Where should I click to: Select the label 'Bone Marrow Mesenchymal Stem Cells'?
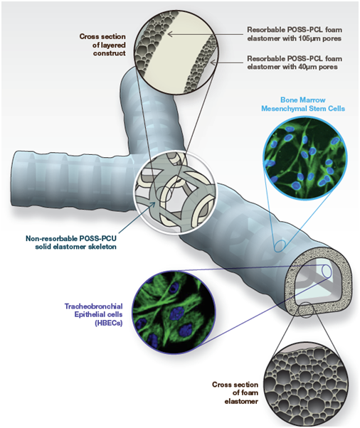303,104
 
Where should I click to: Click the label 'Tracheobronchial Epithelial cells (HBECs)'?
94,314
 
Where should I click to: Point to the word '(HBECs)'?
109,323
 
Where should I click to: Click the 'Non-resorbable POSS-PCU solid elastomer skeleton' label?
71,242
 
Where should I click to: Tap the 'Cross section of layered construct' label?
102,45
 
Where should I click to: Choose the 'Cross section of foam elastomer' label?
235,392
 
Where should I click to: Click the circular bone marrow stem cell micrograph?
305,159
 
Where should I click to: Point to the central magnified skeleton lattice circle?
175,192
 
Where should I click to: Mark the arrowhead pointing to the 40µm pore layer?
213,63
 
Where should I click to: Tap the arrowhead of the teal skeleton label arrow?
153,204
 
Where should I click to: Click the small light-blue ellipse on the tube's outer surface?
280,246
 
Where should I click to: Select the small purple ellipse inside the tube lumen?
327,271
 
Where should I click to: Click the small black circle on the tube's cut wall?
305,310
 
